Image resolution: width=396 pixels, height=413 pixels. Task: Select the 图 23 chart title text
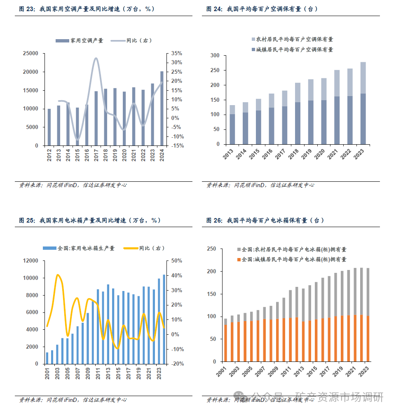point(87,9)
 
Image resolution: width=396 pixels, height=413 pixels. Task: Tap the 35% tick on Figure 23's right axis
point(176,54)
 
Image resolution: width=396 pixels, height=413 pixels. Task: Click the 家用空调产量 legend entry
point(79,40)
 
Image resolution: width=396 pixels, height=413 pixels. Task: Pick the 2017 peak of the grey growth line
point(96,59)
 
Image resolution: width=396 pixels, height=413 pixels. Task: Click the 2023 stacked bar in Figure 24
point(363,103)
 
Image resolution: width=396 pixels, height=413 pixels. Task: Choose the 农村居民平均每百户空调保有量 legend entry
point(292,40)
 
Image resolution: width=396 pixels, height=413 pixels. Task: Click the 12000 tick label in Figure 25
point(31,261)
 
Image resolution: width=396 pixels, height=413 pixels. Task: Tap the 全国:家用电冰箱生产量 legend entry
point(79,248)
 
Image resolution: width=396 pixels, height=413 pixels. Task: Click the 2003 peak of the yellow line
point(58,275)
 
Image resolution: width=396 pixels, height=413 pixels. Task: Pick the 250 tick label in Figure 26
point(211,249)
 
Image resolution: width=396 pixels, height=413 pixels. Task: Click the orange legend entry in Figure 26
point(291,260)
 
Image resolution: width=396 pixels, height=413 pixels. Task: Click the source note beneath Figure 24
point(260,185)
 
